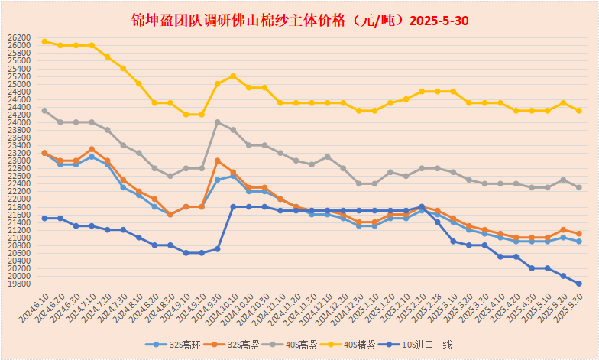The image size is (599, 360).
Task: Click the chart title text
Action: click(299, 20)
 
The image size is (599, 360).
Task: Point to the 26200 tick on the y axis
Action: click(20, 37)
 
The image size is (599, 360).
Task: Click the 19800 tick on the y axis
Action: click(20, 284)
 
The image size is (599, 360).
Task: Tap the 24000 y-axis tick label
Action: click(20, 122)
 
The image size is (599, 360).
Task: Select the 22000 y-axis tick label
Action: click(20, 199)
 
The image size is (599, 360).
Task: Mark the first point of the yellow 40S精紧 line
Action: click(44, 41)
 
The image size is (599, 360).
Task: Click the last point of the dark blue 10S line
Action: click(579, 284)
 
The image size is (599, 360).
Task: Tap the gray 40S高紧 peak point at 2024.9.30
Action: click(218, 122)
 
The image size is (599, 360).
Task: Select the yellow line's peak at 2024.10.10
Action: click(233, 76)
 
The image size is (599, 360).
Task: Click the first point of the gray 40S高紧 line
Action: click(44, 111)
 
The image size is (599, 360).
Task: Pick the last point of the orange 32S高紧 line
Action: click(579, 234)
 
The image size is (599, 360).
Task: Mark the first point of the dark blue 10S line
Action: click(44, 219)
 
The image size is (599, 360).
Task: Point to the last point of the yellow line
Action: click(579, 111)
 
